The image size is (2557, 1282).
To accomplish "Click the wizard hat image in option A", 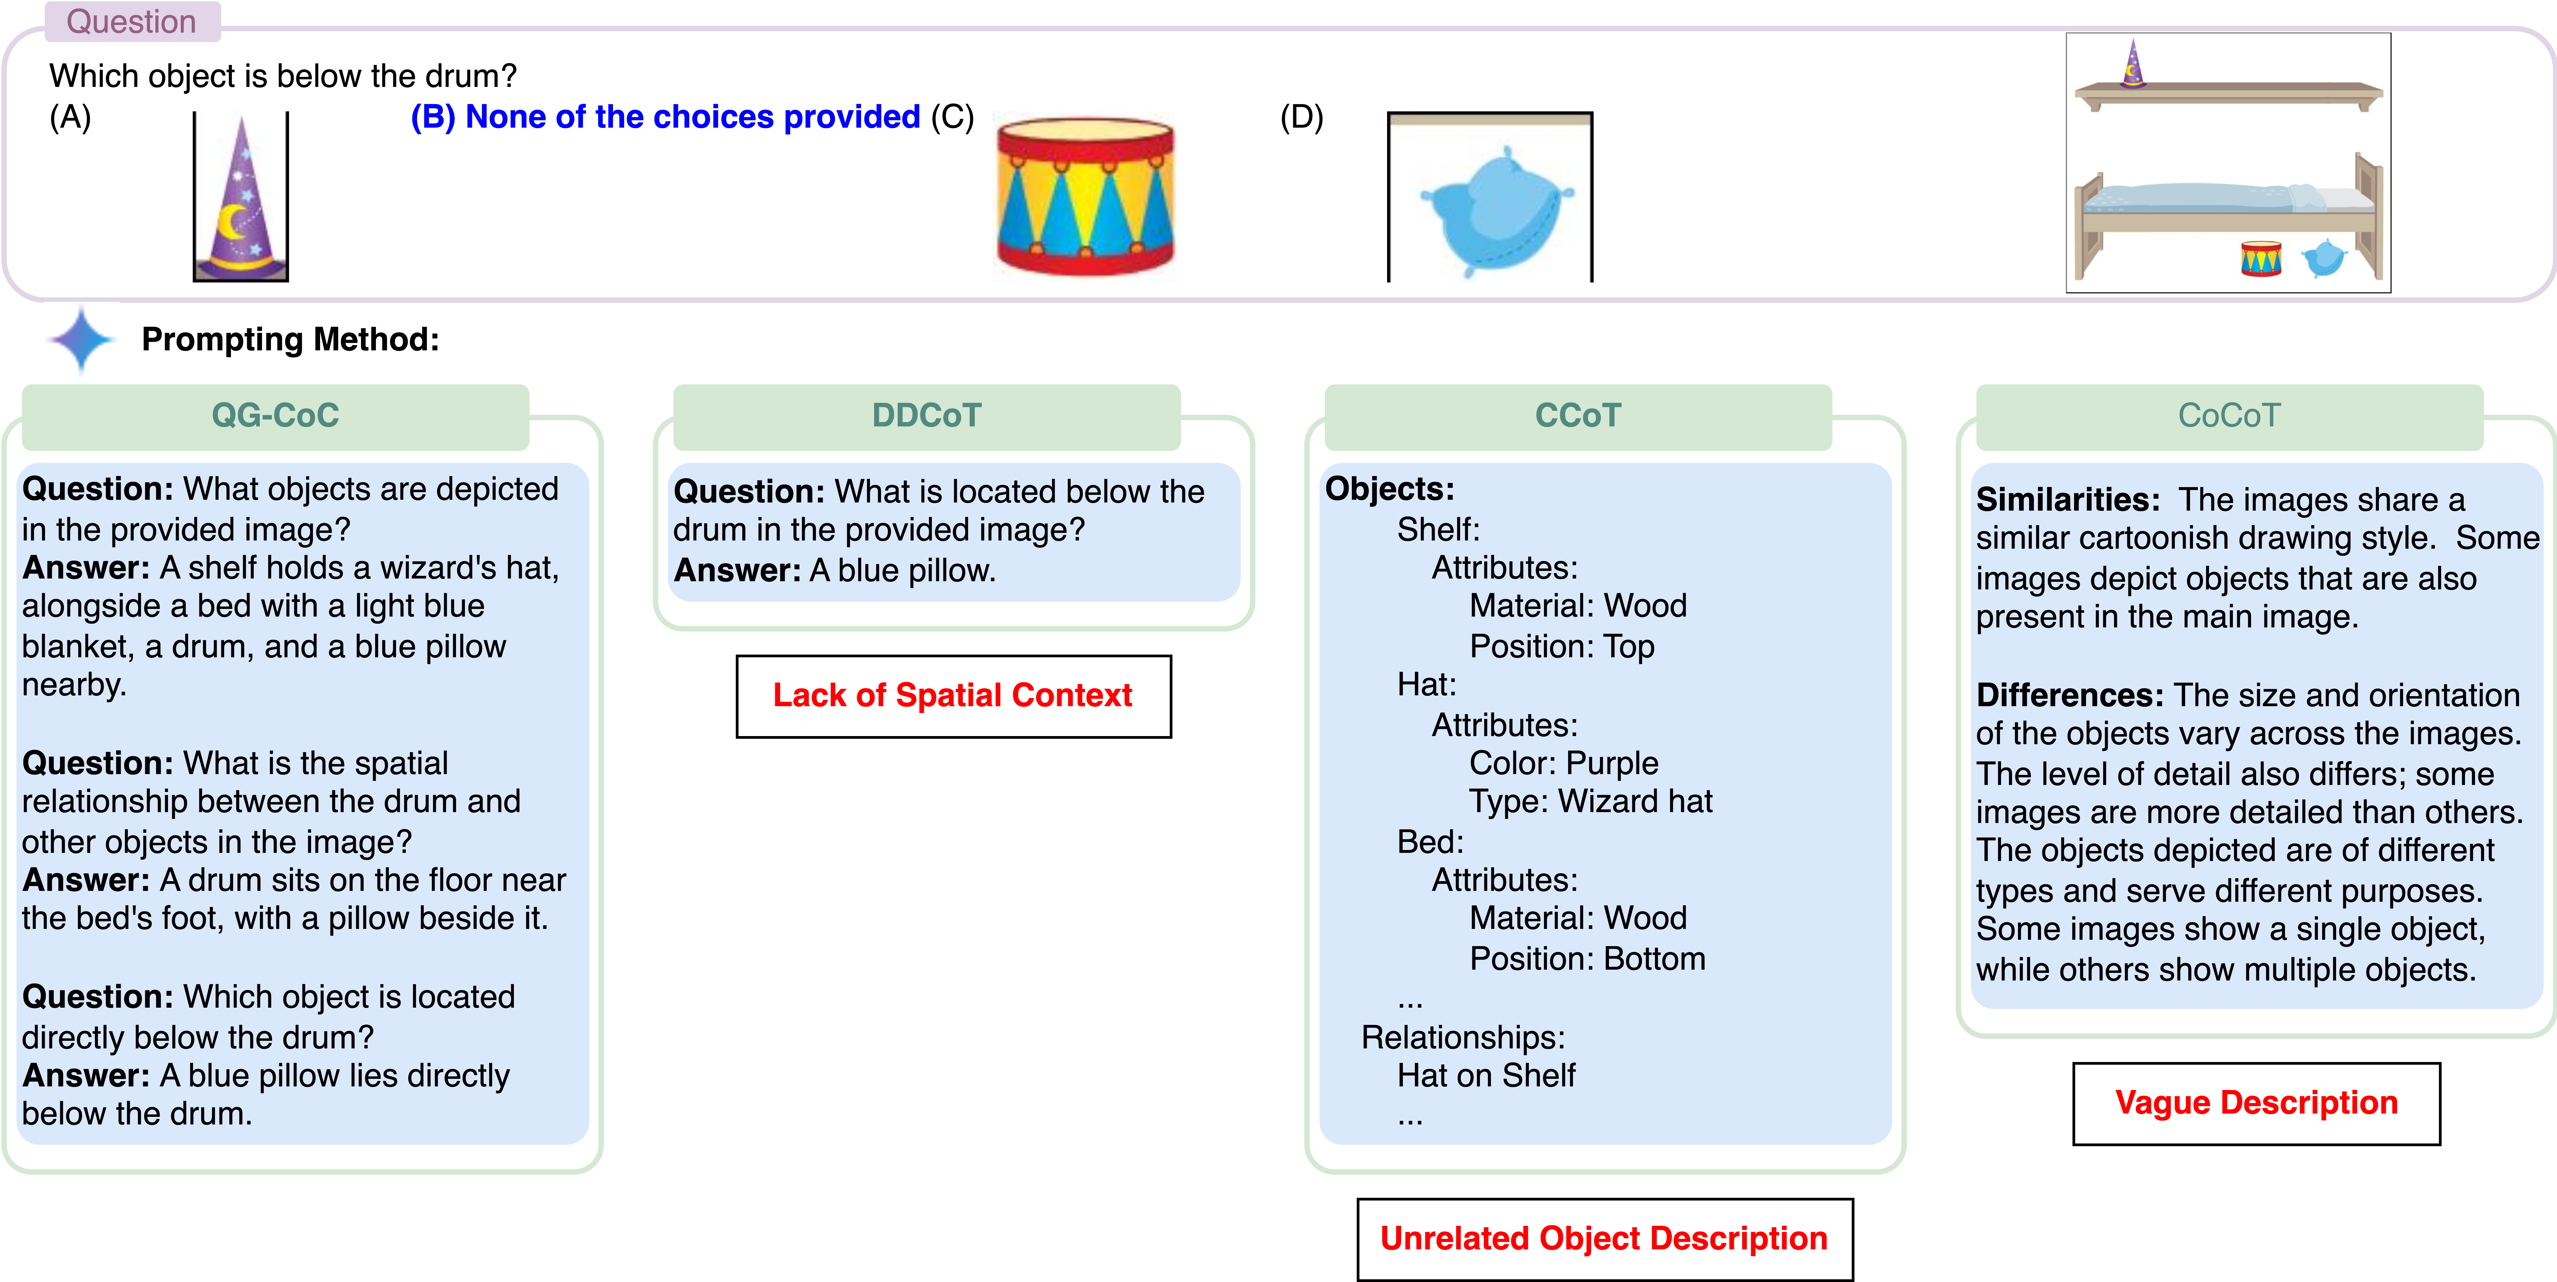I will tap(240, 199).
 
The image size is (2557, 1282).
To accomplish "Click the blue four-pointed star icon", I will tap(81, 340).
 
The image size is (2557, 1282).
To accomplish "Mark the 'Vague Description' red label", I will tap(2255, 1103).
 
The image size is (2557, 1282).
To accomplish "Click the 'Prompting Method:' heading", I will tap(290, 340).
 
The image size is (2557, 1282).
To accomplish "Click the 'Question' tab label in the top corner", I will tap(131, 22).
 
